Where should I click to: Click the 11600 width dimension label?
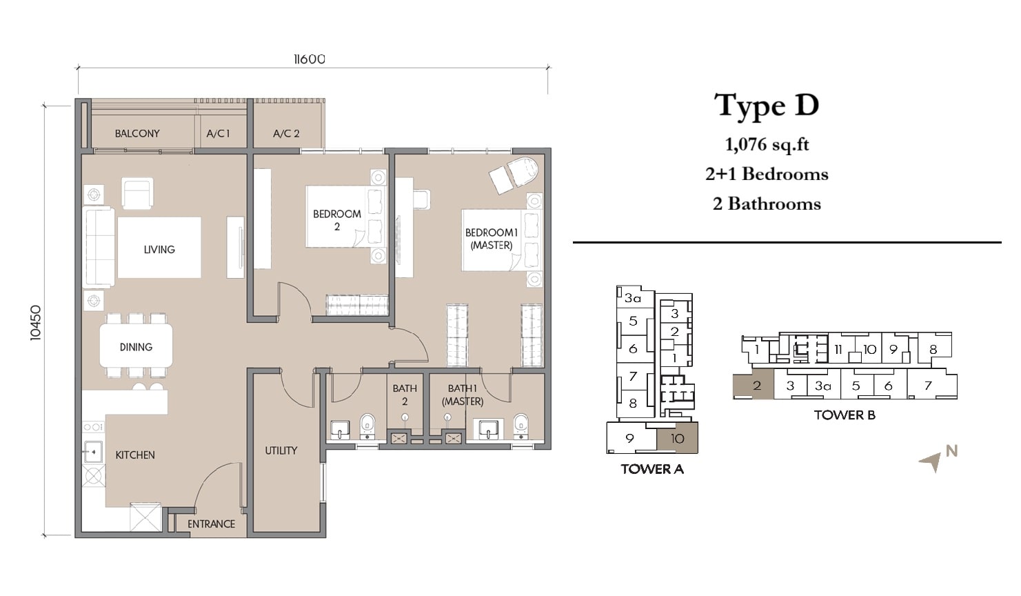point(310,59)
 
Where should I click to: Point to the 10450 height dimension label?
point(36,323)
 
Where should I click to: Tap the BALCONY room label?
point(137,134)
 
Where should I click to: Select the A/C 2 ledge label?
point(286,134)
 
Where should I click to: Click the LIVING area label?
point(159,250)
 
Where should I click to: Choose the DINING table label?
point(136,347)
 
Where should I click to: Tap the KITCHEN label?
point(135,455)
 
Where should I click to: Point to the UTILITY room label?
point(281,450)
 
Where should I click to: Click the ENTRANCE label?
point(212,524)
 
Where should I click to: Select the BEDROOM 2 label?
point(337,220)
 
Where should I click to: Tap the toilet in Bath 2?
point(367,426)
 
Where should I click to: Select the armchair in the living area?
point(137,194)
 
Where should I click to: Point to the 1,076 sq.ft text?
point(767,145)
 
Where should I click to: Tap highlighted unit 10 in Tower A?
point(677,438)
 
